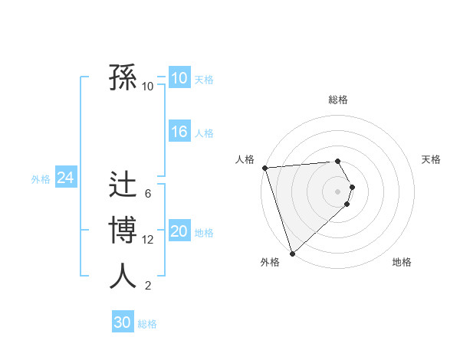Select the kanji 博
[x=123, y=231]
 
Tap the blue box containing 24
[x=65, y=178]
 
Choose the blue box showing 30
[x=123, y=322]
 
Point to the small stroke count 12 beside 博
[x=148, y=240]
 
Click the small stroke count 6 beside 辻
[x=148, y=194]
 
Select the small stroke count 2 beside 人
[x=148, y=286]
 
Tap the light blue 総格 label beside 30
[x=147, y=324]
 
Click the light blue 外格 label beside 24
[x=41, y=179]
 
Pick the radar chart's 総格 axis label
[x=338, y=100]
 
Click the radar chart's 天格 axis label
[x=432, y=159]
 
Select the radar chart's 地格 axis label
[x=402, y=262]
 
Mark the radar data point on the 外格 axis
[x=292, y=253]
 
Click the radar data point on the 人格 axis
[x=264, y=168]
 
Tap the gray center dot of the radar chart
[x=338, y=191]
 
